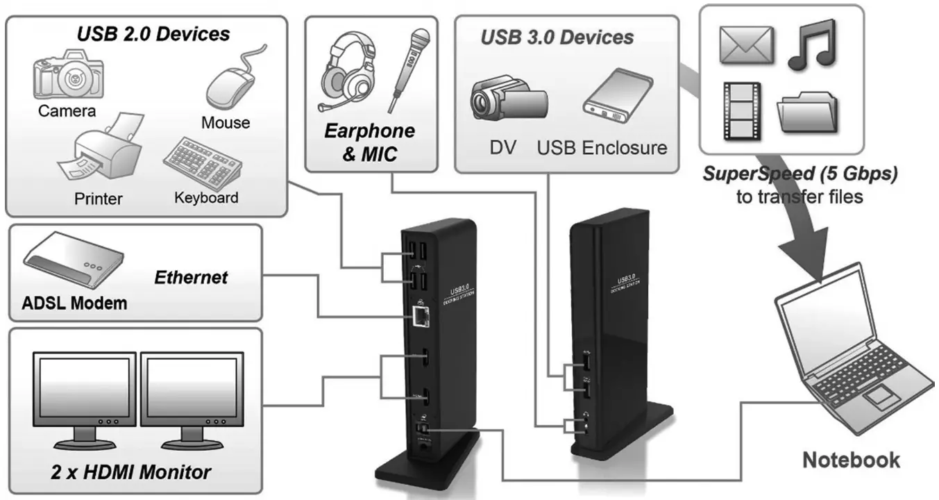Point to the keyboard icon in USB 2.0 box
(x=203, y=162)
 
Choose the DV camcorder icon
(x=509, y=99)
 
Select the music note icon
(x=812, y=44)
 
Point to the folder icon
(x=808, y=111)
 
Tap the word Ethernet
(x=190, y=278)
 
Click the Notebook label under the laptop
(x=851, y=460)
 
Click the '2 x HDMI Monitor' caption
(x=130, y=473)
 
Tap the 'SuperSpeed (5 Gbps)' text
(x=800, y=174)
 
